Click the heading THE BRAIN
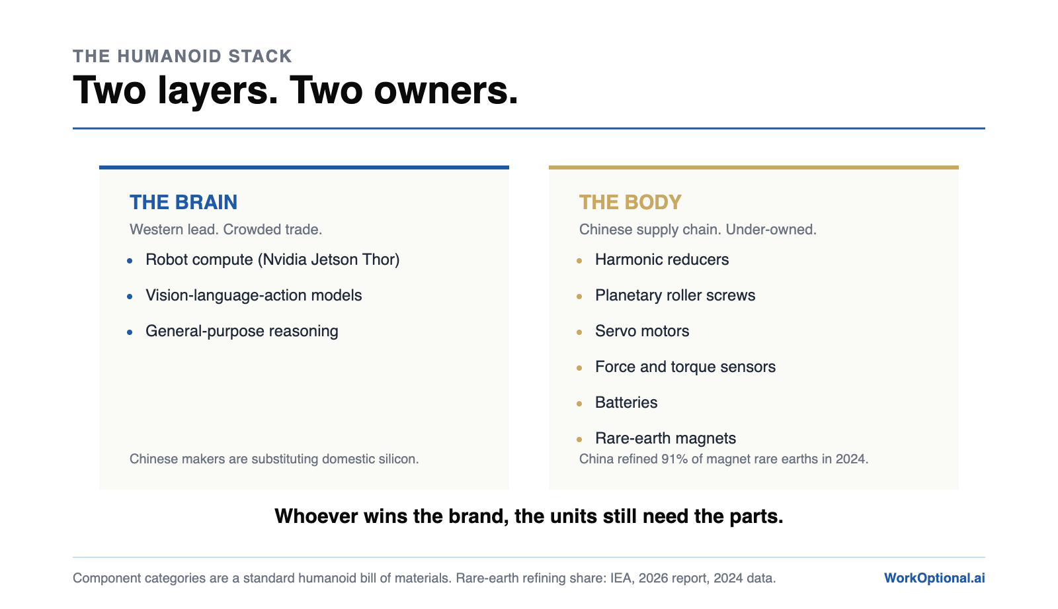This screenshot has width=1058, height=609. (183, 203)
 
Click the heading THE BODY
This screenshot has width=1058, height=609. (630, 203)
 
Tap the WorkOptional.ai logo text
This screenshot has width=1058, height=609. (934, 578)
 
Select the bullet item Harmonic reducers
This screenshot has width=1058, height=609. (662, 259)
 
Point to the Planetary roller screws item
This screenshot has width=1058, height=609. (675, 295)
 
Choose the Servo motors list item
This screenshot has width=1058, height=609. (642, 331)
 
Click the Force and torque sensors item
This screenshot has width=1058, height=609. (685, 367)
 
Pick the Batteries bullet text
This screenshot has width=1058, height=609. (626, 402)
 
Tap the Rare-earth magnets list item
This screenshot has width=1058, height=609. (665, 438)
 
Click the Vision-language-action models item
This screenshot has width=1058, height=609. (253, 295)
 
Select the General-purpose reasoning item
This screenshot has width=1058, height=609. (241, 332)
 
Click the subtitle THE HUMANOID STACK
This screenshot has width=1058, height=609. (183, 56)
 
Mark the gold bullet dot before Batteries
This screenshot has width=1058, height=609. (579, 404)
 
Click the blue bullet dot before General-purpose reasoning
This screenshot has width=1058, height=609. (130, 332)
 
